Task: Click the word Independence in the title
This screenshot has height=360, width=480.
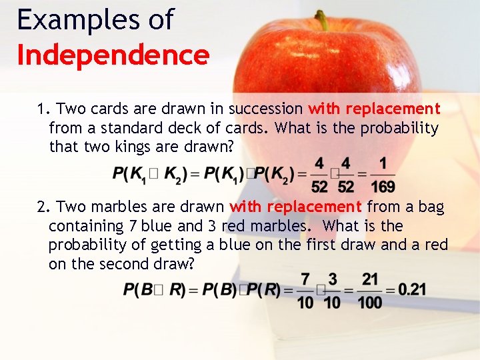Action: point(113,55)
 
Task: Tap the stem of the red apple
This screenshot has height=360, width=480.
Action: point(323,20)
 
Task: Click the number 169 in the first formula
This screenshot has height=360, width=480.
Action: point(383,186)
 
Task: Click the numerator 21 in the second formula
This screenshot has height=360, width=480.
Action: point(370,279)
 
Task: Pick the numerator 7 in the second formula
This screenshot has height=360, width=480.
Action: point(305,279)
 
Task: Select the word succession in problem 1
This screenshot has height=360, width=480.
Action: point(266,109)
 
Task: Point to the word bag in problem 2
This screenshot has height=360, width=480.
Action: point(431,207)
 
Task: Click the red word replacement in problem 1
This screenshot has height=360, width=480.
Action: point(393,109)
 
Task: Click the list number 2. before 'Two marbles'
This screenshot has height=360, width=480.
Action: point(43,207)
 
